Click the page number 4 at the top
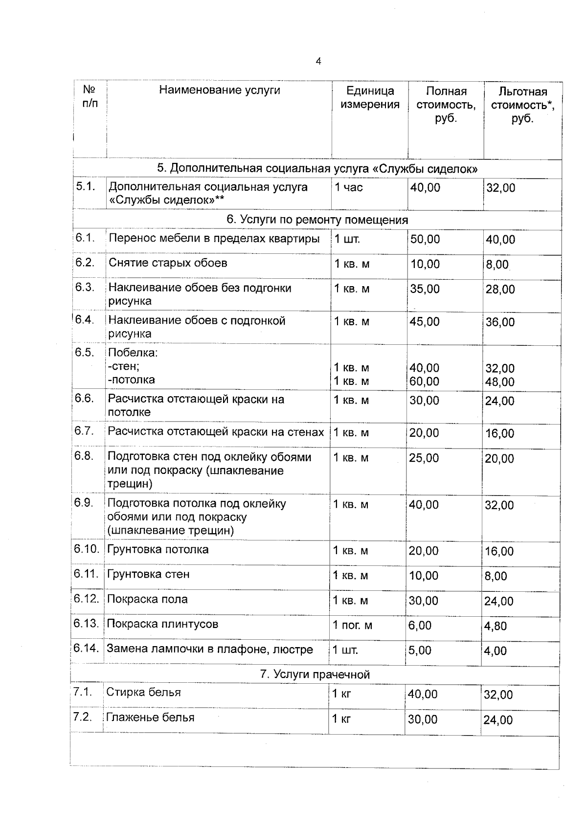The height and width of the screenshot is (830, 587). click(x=318, y=62)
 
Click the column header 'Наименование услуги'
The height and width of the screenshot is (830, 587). click(x=220, y=90)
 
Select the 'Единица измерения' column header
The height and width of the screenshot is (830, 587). click(x=370, y=97)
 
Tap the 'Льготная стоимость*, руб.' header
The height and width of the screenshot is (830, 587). click(x=522, y=105)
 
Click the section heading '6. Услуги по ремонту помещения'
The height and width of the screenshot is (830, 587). click(x=317, y=220)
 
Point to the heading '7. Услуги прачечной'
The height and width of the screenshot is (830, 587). click(x=315, y=674)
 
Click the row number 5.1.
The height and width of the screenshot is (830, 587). click(x=85, y=186)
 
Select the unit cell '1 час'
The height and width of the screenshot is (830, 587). click(x=349, y=187)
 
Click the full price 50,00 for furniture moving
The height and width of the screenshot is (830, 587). click(x=425, y=239)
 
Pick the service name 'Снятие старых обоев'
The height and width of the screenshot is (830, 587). click(x=168, y=263)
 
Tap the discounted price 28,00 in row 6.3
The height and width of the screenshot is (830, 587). click(x=500, y=290)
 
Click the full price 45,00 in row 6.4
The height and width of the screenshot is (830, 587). click(x=425, y=322)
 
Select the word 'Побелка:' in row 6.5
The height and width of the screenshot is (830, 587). click(x=133, y=353)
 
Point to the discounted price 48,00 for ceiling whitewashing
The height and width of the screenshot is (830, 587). click(x=499, y=382)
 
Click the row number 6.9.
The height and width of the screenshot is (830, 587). click(x=84, y=503)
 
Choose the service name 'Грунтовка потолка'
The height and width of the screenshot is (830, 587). click(x=158, y=550)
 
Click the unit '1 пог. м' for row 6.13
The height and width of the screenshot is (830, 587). click(x=352, y=626)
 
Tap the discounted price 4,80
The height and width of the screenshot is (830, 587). click(x=496, y=626)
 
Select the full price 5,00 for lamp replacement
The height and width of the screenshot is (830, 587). click(x=420, y=651)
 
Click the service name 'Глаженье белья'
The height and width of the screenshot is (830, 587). click(x=150, y=718)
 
